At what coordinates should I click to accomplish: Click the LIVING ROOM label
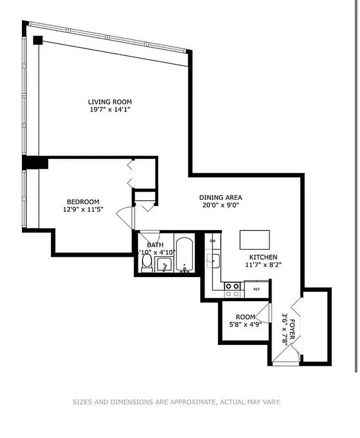tap(110, 101)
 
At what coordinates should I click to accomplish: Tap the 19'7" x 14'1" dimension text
tap(110, 109)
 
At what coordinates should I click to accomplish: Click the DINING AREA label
tap(220, 198)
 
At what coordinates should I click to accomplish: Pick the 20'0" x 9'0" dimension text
tap(220, 206)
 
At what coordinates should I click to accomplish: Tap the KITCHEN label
tap(263, 257)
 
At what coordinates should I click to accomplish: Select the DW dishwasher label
tap(212, 240)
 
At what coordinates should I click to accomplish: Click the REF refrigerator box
tap(256, 289)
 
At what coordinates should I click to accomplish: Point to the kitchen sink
tap(213, 261)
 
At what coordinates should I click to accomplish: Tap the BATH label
tap(155, 245)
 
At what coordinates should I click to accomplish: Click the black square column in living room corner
tap(37, 40)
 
